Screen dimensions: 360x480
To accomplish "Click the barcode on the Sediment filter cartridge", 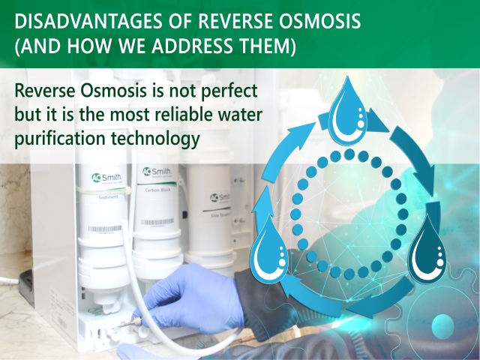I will (100, 229).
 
